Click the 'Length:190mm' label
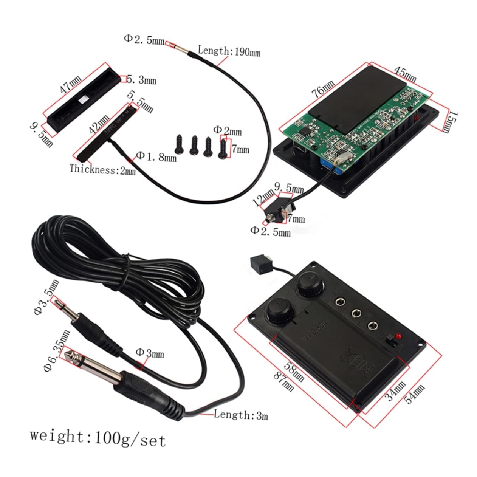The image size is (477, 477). click(229, 51)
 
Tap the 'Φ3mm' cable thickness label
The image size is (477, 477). click(150, 353)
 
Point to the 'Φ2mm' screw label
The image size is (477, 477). click(227, 130)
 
